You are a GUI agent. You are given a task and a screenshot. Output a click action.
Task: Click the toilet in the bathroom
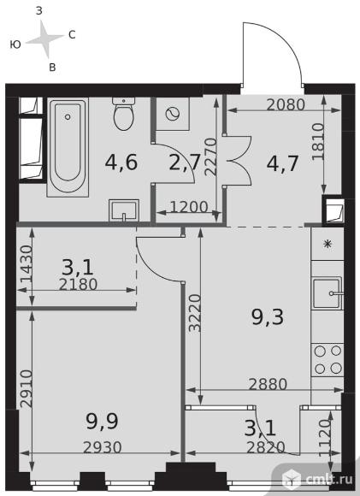click(x=124, y=114)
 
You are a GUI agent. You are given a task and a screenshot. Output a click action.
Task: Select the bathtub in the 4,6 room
click(x=68, y=147)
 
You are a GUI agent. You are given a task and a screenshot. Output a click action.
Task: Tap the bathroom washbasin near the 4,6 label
click(x=124, y=210)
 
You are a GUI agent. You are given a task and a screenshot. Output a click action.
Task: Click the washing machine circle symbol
click(x=173, y=114)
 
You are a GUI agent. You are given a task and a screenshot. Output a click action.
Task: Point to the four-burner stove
click(x=328, y=360)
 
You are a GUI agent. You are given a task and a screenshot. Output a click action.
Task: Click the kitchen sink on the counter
click(x=328, y=293)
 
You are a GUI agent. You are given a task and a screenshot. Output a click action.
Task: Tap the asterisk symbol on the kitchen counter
click(x=328, y=245)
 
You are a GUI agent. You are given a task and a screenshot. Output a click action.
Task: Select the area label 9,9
click(x=102, y=422)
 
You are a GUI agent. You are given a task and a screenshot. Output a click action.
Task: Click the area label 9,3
click(x=268, y=317)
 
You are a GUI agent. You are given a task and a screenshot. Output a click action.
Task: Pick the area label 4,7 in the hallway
click(x=282, y=163)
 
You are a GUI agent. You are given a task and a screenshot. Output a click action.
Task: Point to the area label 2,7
click(x=185, y=162)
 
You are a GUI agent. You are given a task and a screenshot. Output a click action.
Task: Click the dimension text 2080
click(x=286, y=104)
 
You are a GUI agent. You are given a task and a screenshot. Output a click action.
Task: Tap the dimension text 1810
click(x=318, y=141)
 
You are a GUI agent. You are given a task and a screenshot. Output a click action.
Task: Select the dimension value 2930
click(x=102, y=447)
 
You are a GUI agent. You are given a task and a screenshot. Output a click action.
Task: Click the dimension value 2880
click(x=268, y=384)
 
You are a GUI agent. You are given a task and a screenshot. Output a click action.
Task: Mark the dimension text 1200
click(x=189, y=207)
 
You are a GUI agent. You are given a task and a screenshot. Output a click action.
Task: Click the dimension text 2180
click(x=78, y=285)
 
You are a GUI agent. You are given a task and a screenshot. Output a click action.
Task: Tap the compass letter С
click(x=72, y=34)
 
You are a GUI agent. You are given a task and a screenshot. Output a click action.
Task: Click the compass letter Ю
click(x=15, y=44)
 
